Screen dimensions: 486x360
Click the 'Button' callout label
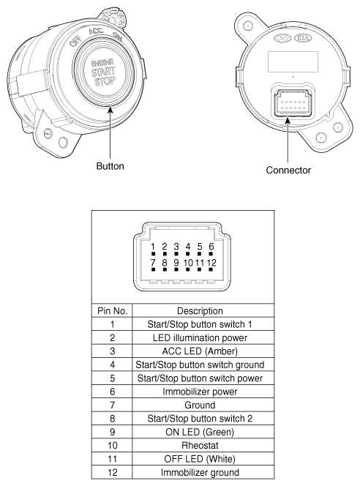[x=110, y=166]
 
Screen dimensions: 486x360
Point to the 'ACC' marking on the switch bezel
[x=95, y=31]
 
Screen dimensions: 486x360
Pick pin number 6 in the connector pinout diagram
[x=211, y=247]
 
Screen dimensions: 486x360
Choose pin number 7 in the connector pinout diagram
[x=153, y=261]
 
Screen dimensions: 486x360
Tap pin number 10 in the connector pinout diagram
[x=187, y=261]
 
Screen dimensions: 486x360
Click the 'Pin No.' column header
[x=110, y=310]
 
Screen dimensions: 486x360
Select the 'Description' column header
[x=200, y=310]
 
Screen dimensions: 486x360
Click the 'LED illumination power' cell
[x=200, y=336]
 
